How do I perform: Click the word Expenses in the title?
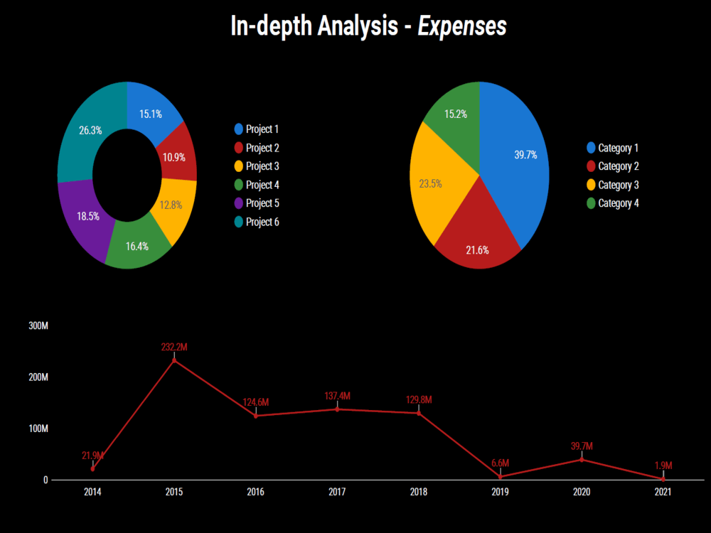click(461, 26)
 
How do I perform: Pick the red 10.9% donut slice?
click(175, 157)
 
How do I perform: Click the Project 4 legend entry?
click(262, 185)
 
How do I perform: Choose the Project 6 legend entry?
click(262, 222)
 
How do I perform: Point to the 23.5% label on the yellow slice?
click(430, 183)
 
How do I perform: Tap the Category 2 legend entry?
click(618, 166)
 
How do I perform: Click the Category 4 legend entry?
click(618, 203)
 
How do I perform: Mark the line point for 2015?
click(174, 360)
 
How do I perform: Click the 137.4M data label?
click(337, 395)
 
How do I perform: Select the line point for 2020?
click(582, 459)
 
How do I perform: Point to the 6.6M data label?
click(500, 463)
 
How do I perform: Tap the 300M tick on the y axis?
click(38, 325)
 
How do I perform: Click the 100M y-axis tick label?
click(38, 429)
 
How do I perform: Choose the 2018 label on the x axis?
click(419, 491)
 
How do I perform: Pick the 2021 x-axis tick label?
click(663, 491)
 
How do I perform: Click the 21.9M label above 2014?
click(93, 456)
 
